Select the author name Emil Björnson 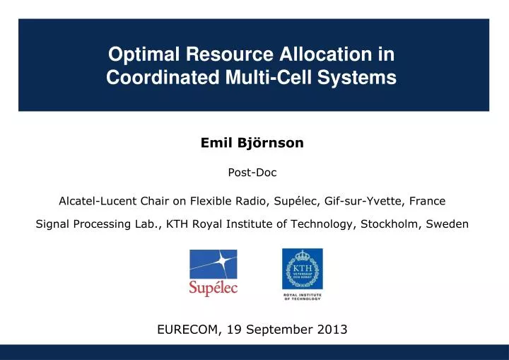coord(252,143)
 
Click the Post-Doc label coord(252,173)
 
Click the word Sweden coord(450,224)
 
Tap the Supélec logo coord(213,272)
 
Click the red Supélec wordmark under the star coord(213,288)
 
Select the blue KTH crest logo coord(302,269)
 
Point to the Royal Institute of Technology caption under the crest coord(302,296)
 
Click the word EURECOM coord(187,330)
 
